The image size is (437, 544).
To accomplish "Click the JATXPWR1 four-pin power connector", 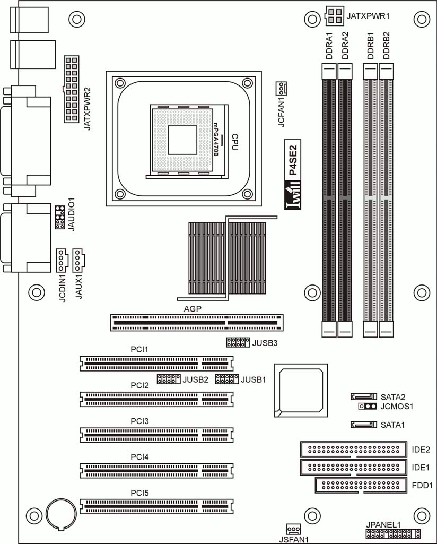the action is [335, 16].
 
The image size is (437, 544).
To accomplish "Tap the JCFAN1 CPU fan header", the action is [281, 89].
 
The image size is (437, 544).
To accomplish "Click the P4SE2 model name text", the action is [293, 160].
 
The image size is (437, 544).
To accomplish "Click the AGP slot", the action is [197, 323].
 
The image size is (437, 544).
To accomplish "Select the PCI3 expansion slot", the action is [156, 435].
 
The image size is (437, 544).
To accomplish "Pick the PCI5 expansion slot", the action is [156, 506].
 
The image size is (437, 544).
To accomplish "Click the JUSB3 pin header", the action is [238, 342].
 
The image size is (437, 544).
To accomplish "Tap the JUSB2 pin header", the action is [169, 379].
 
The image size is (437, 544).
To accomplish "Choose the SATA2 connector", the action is [363, 396].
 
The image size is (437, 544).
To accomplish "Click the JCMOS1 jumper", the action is [367, 406].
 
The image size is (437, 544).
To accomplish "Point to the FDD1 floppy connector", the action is [361, 486].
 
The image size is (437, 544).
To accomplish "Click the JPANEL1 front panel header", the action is [394, 533].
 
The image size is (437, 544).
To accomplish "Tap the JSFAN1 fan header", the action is [293, 529].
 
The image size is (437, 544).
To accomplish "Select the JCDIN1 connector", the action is [62, 261].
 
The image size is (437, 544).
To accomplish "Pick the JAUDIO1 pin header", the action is [59, 217].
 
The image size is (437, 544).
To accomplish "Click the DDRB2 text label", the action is [387, 46].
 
